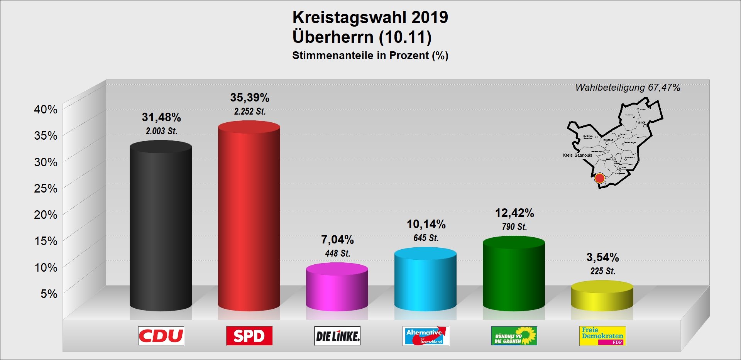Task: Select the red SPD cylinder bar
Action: [x=249, y=216]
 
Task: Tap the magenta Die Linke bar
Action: [x=337, y=287]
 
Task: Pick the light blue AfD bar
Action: [x=425, y=280]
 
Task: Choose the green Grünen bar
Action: [x=514, y=274]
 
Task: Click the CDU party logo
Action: [x=161, y=336]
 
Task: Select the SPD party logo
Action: [x=249, y=336]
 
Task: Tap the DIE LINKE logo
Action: [x=337, y=336]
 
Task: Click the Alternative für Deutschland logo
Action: [x=426, y=336]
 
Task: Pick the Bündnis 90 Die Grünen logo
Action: [x=514, y=336]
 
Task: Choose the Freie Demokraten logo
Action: [x=602, y=336]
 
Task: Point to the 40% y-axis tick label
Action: [x=46, y=109]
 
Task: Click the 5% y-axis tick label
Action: [x=49, y=294]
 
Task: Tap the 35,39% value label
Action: [x=250, y=98]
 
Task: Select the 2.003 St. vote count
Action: [x=161, y=131]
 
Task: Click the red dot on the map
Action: [x=599, y=178]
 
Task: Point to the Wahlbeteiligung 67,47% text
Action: [x=628, y=88]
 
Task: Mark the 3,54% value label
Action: [x=602, y=257]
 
